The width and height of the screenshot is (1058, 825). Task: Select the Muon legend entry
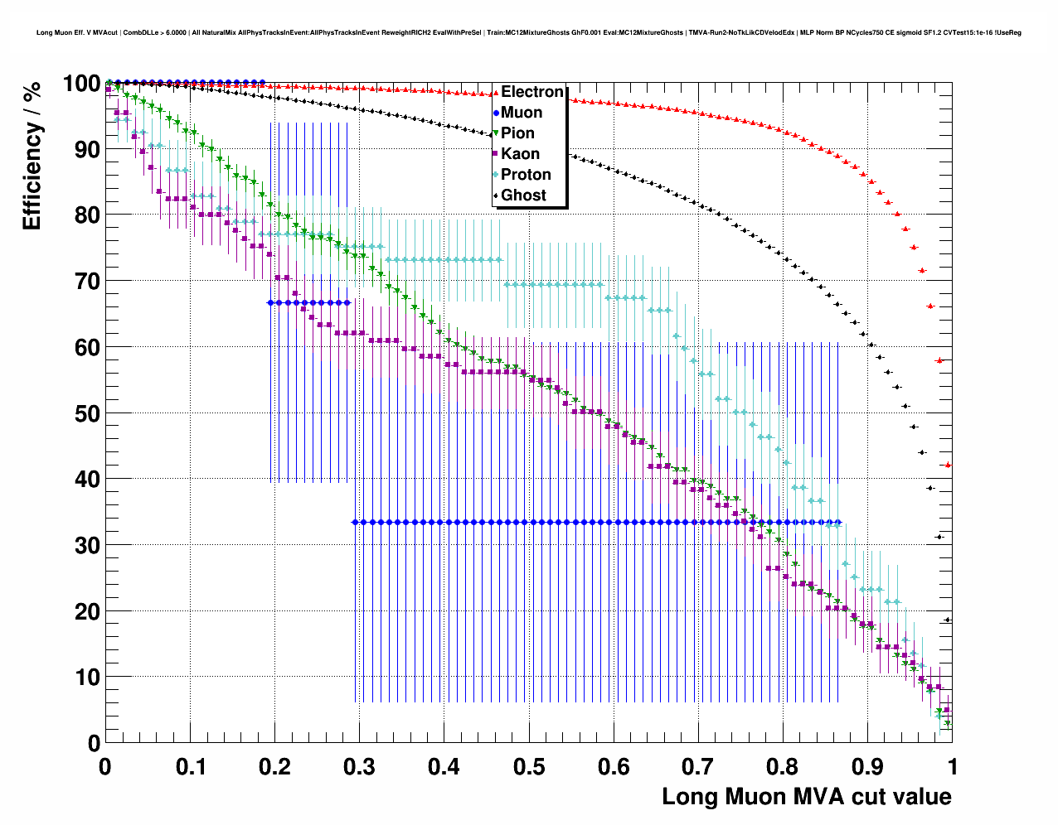point(521,113)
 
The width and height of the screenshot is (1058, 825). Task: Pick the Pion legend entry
point(517,133)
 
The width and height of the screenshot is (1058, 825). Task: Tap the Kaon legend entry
point(520,154)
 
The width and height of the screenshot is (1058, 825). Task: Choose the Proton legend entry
point(526,175)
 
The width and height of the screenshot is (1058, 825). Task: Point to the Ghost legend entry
point(523,195)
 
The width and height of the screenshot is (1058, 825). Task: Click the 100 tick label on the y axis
point(81,84)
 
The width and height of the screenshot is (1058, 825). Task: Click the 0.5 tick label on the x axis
point(529,767)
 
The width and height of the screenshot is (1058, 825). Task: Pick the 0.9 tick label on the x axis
point(867,767)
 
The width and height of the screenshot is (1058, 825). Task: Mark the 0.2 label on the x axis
point(274,767)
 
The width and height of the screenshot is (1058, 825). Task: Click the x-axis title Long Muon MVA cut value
point(806,797)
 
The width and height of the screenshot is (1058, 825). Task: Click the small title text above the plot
point(529,32)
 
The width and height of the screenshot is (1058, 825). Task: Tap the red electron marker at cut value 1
point(948,465)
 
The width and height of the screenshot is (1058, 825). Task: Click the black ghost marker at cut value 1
point(948,620)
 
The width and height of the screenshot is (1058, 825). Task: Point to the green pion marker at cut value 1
point(948,724)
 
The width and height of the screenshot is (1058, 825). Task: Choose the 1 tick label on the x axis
point(953,767)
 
